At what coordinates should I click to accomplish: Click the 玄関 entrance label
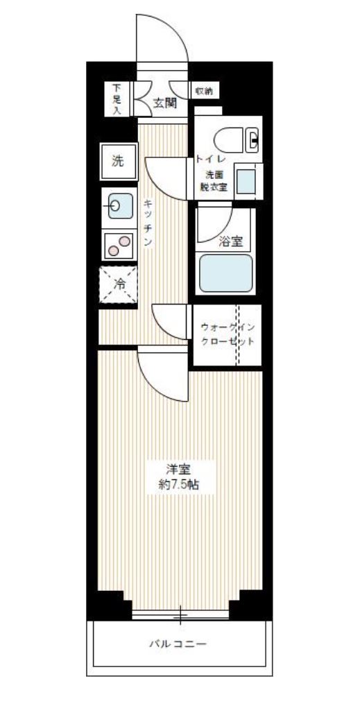click(164, 103)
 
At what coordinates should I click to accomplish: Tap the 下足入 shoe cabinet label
click(117, 99)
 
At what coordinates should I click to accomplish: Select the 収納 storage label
click(203, 91)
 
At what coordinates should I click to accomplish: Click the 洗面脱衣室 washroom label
click(214, 180)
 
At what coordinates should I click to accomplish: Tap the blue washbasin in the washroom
click(246, 181)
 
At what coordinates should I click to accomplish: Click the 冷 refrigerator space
click(119, 284)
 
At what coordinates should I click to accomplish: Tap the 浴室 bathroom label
click(230, 241)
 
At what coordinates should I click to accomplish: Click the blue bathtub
click(225, 273)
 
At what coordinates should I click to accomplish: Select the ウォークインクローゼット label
click(227, 334)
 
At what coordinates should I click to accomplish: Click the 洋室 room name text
click(179, 468)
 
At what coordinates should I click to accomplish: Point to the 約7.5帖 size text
click(179, 485)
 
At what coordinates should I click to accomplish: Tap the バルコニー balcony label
click(178, 644)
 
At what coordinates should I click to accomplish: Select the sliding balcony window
click(180, 614)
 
